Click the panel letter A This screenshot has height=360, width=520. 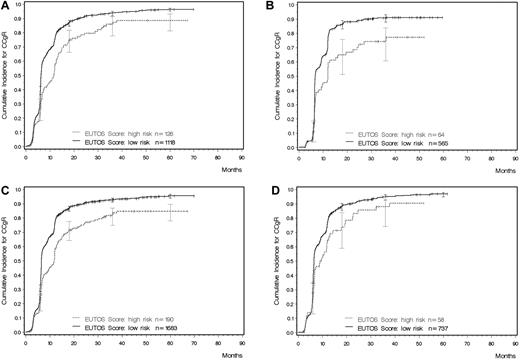coord(5,6)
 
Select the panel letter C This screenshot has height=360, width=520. coord(5,186)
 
